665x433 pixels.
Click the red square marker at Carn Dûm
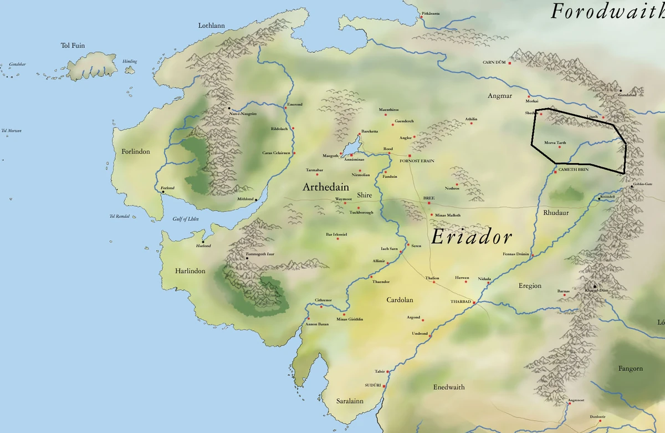pos(509,63)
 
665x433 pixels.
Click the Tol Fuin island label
pos(73,45)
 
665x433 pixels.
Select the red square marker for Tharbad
pos(475,302)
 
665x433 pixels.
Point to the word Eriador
pos(470,237)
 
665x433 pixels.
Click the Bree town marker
pos(429,203)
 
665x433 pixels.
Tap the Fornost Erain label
pos(417,161)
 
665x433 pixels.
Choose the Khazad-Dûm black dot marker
pos(595,286)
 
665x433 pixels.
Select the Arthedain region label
pos(325,187)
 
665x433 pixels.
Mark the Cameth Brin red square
pos(555,172)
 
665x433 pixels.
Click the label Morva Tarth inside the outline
pos(555,142)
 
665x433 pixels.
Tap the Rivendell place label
pos(607,196)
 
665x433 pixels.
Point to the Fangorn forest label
pos(631,368)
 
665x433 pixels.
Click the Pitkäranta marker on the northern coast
pos(422,17)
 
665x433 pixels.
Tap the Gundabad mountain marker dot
pos(621,90)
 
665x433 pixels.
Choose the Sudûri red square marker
pos(384,384)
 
